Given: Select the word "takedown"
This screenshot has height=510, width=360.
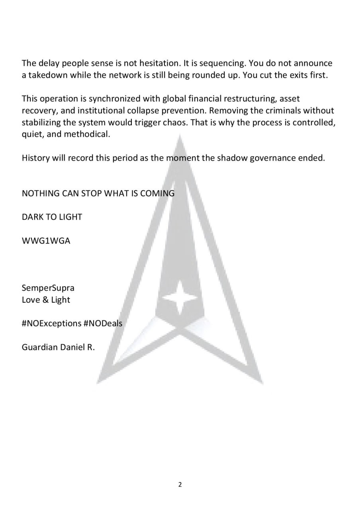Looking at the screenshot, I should (x=48, y=75).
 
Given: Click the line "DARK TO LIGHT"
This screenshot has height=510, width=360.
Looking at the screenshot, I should (x=52, y=217).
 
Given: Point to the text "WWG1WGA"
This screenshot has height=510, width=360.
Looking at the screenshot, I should (x=46, y=241).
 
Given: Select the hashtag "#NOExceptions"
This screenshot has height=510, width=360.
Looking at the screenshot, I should (x=51, y=324).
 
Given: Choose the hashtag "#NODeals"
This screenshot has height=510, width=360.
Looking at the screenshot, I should (x=103, y=324).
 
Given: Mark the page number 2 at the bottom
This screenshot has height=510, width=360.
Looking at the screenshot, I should (x=180, y=485).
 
